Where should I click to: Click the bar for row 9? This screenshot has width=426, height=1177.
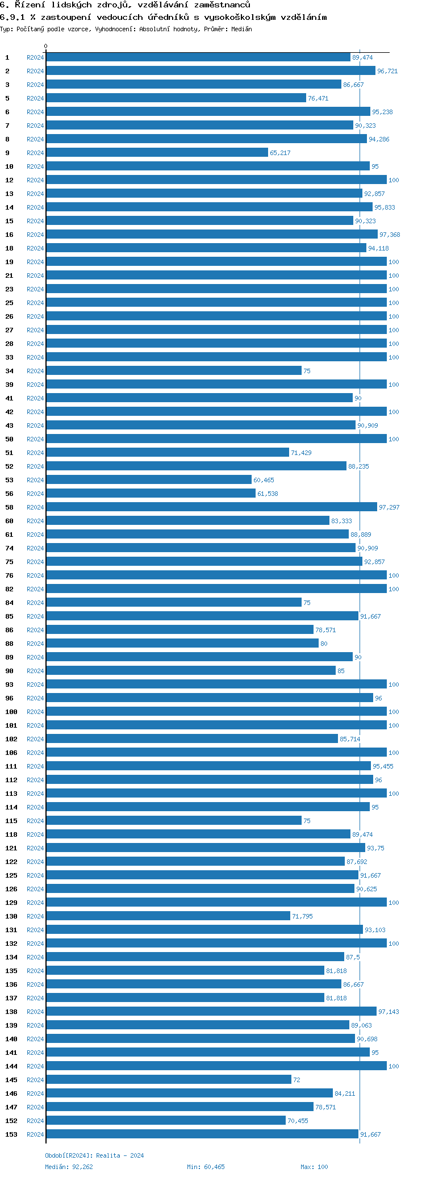157,153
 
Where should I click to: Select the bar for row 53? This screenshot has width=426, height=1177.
149,480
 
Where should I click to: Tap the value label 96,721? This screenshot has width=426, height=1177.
387,71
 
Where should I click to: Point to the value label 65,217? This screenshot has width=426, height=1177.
280,153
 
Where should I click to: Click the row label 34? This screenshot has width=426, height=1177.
10,371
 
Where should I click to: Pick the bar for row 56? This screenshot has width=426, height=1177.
151,494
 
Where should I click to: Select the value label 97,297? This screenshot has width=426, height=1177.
389,507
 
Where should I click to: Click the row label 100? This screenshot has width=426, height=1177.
11,712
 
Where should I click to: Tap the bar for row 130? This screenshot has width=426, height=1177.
168,916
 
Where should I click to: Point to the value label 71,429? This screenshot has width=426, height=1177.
301,453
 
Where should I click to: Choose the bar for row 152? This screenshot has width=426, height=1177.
166,1121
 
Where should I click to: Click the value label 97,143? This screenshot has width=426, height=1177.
389,1012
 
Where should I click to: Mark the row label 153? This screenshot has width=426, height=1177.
11,1134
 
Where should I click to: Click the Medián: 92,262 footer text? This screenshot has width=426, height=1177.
69,1167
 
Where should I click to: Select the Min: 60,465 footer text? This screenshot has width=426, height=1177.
206,1167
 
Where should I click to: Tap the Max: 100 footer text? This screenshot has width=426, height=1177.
314,1167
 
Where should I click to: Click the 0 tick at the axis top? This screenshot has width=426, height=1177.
46,47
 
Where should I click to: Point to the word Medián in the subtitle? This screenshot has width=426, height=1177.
241,29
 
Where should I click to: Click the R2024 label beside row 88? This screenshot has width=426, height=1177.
35,644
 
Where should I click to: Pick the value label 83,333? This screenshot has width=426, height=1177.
341,521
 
